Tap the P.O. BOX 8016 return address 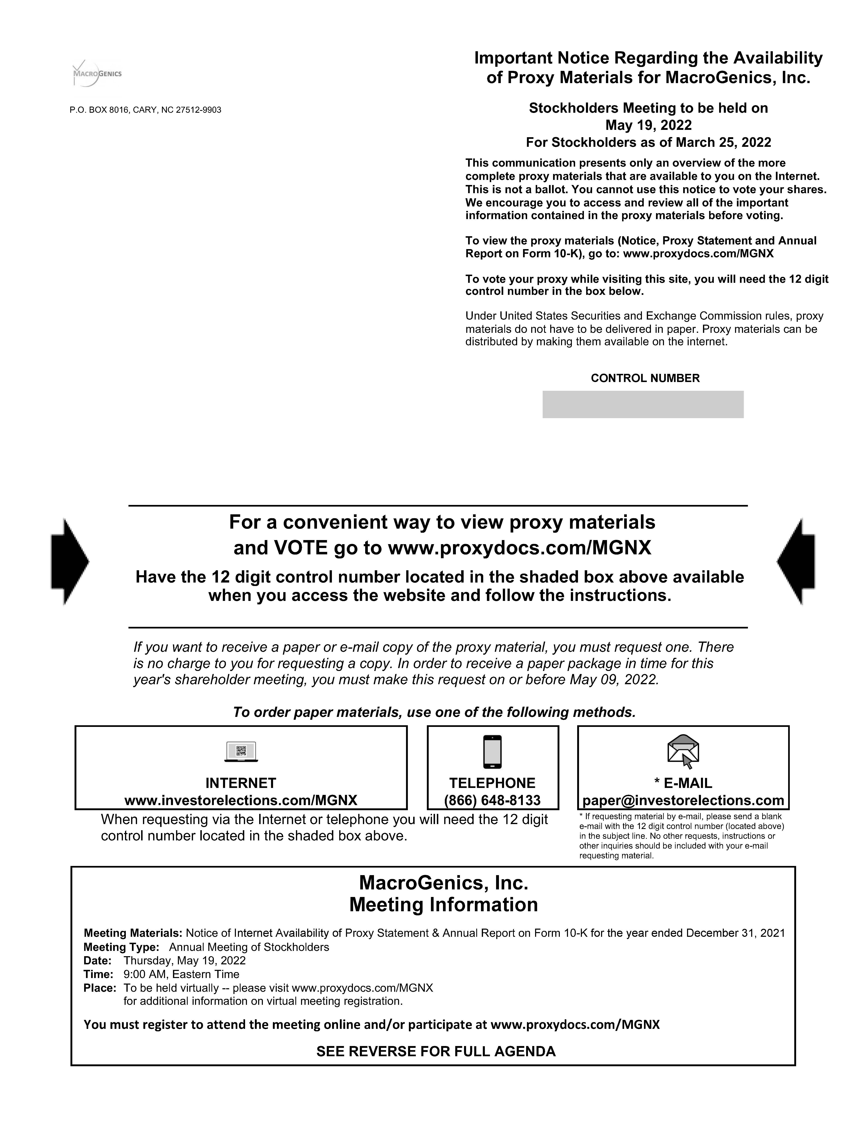pyautogui.click(x=145, y=110)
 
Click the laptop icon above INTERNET pyautogui.click(x=241, y=752)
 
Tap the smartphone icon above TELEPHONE pyautogui.click(x=492, y=752)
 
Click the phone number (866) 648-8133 pyautogui.click(x=492, y=800)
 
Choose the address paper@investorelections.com pyautogui.click(x=683, y=800)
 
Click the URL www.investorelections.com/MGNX pyautogui.click(x=241, y=800)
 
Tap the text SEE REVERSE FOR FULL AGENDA pyautogui.click(x=436, y=1052)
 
